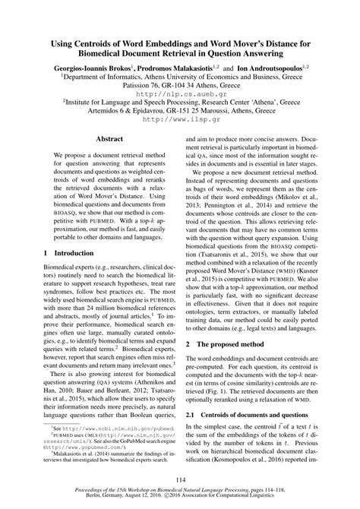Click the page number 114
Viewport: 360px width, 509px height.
point(180,479)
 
